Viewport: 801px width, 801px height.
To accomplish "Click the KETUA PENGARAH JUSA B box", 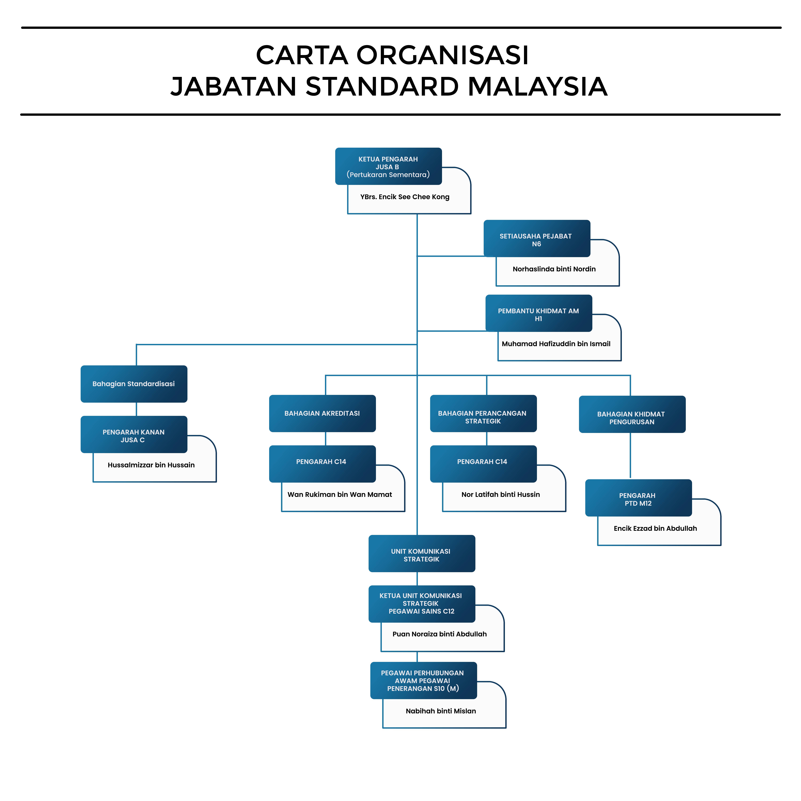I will (x=388, y=166).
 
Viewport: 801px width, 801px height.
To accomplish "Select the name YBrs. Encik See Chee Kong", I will (x=405, y=197).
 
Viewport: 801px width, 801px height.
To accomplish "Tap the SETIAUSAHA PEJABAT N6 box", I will (x=537, y=238).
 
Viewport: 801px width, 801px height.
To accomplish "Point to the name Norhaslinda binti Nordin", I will (x=554, y=269).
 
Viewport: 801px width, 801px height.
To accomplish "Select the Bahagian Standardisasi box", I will (x=133, y=384).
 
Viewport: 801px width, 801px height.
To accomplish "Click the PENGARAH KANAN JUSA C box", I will (x=133, y=435).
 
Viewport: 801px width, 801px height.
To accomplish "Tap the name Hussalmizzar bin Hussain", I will (x=151, y=465).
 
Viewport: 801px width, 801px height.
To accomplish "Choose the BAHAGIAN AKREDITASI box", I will (x=322, y=413).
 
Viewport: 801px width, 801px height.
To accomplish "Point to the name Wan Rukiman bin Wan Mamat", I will (x=339, y=495).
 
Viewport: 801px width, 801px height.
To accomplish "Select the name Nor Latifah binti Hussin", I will (x=500, y=495).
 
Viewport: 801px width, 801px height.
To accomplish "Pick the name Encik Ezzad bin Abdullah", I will (x=655, y=529).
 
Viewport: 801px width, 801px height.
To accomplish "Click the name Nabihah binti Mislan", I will (x=441, y=711).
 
